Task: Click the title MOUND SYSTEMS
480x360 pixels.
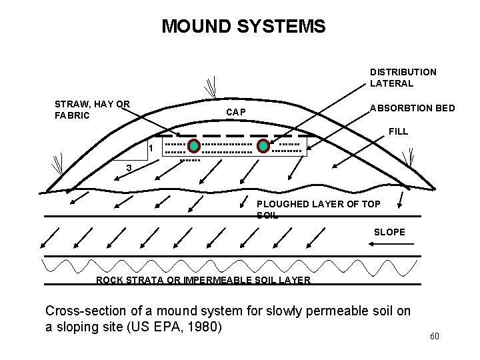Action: coord(243,27)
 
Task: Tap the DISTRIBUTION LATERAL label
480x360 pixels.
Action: coord(403,77)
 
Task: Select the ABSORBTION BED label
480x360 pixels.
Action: coord(413,107)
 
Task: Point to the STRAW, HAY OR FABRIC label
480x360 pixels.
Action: coord(92,109)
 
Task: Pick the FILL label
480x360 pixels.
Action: coord(398,131)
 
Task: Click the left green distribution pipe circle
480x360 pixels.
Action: coord(193,146)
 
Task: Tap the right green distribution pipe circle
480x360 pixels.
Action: coord(263,146)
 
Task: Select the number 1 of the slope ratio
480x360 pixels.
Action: coord(151,147)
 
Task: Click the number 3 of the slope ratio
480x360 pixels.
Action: coord(129,168)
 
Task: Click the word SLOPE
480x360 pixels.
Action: coord(389,232)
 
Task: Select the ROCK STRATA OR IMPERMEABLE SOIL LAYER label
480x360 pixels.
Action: coord(203,280)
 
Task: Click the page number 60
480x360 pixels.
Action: coord(434,336)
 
